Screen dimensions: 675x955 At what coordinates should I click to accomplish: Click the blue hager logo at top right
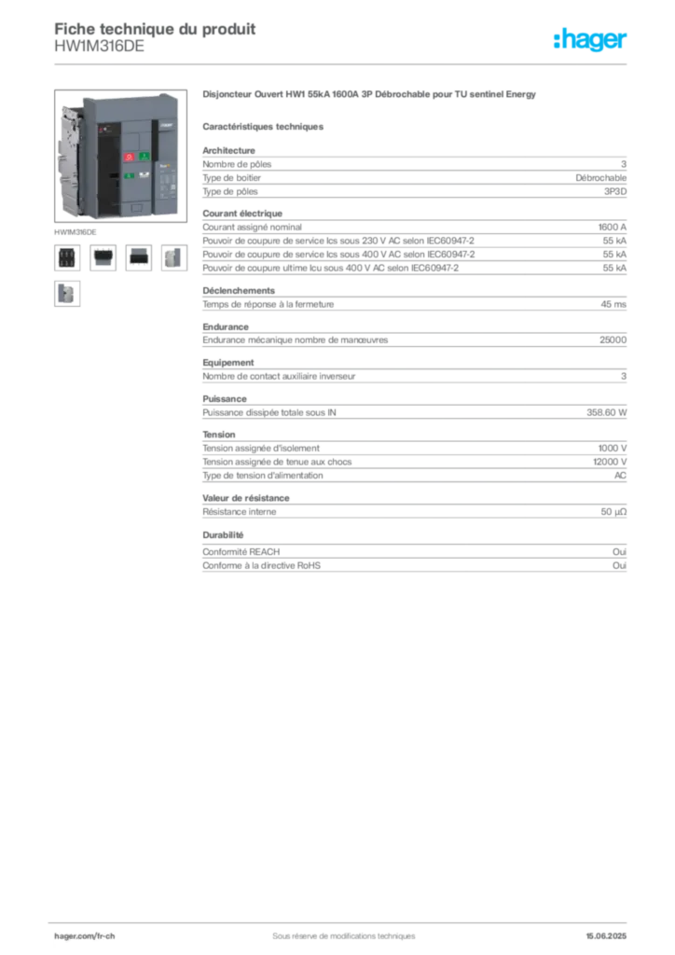591,40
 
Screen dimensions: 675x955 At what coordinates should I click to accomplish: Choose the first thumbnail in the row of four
66,257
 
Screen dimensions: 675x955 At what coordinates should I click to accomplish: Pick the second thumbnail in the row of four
103,257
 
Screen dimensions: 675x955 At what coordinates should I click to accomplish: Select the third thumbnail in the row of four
138,257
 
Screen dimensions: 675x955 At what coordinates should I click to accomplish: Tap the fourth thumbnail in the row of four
173,257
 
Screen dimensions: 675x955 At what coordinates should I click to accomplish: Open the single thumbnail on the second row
66,295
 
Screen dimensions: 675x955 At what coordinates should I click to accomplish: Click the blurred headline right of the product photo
368,96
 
